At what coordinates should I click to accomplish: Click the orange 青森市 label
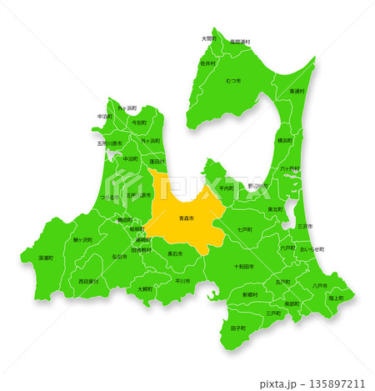click(x=187, y=218)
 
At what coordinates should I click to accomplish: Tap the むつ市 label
click(x=232, y=80)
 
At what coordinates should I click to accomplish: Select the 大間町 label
click(x=208, y=38)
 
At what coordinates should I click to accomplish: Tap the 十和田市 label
click(x=243, y=267)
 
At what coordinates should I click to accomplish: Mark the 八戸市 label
click(x=319, y=285)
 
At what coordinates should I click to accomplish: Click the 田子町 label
click(x=237, y=329)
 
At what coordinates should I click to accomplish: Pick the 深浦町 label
click(x=46, y=258)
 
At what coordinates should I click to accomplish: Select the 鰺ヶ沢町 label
click(x=84, y=239)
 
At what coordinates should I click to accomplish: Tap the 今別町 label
click(x=139, y=123)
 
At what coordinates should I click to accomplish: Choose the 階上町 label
click(x=336, y=298)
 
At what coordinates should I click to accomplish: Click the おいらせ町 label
click(x=312, y=249)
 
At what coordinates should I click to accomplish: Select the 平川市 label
click(x=183, y=281)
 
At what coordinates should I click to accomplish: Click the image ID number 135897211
click(x=336, y=383)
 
